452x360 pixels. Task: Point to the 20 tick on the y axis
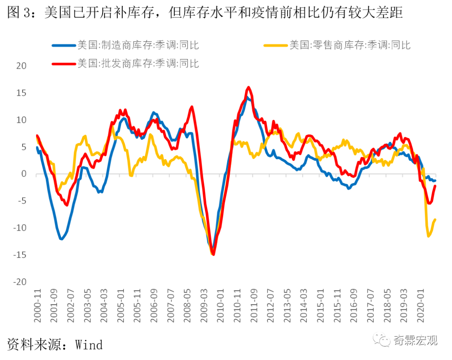21,66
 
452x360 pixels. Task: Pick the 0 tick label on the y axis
23,174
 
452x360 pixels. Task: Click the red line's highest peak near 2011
249,87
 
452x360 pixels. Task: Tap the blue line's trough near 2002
61,239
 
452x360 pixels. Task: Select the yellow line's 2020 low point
429,237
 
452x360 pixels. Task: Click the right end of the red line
435,186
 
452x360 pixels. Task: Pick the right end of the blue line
435,180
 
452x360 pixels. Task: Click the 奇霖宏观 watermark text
415,339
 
